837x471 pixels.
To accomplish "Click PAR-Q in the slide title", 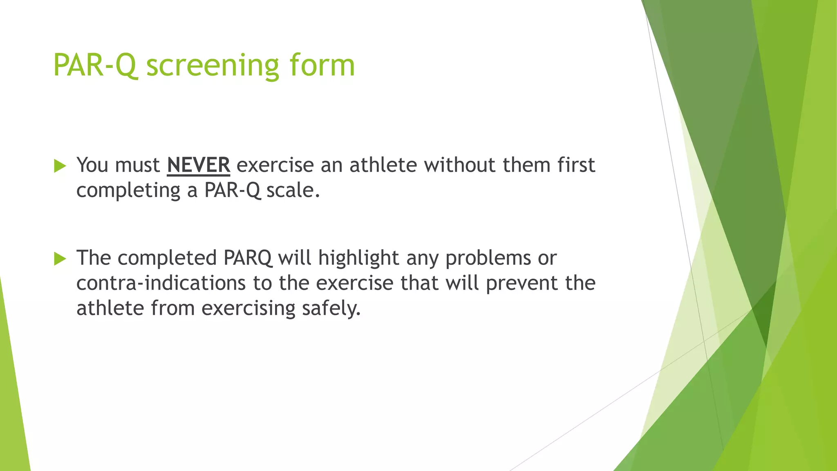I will click(94, 65).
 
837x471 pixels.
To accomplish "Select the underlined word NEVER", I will click(198, 165).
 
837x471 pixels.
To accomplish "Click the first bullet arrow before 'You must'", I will click(60, 166).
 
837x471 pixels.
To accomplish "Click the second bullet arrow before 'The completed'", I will click(60, 259).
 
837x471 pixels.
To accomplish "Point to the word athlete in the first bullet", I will click(383, 165).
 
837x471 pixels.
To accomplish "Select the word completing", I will click(128, 191).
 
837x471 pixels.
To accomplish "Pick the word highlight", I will click(358, 258).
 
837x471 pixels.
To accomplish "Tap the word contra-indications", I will click(161, 283).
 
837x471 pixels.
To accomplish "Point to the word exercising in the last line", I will click(248, 308).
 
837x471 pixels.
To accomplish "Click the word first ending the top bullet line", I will click(576, 165).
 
